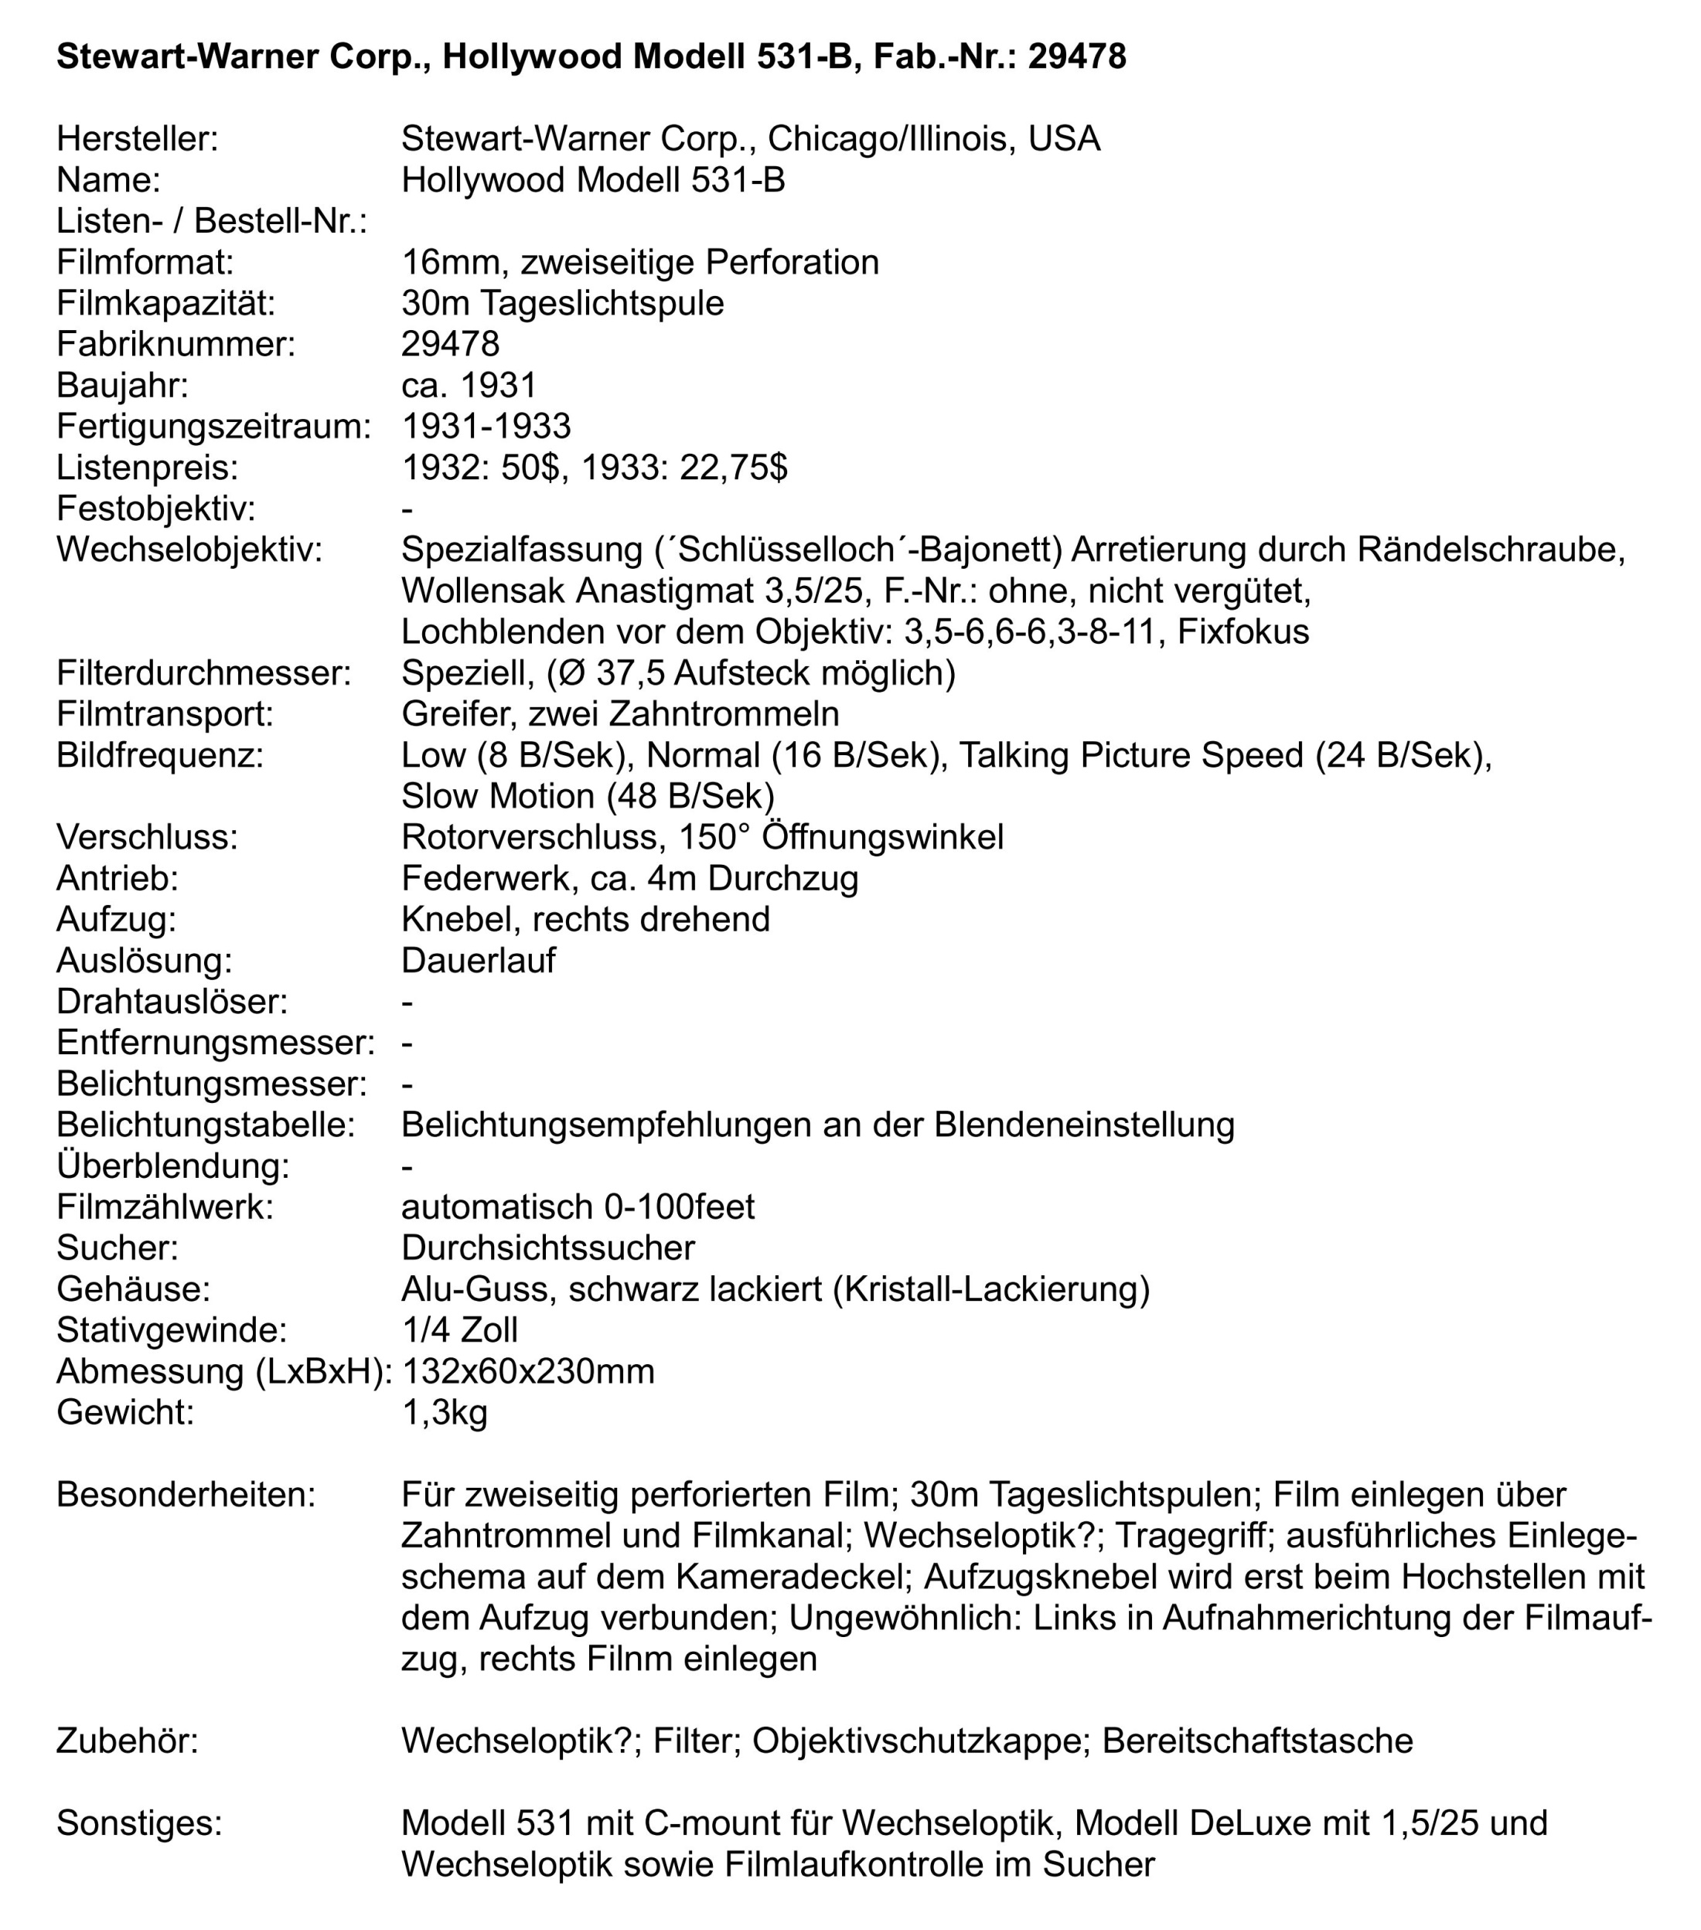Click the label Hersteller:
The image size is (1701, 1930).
coord(137,139)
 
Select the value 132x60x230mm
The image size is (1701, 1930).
coord(528,1370)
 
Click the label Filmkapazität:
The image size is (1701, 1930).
coord(165,303)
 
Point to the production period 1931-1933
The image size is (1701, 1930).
coord(486,426)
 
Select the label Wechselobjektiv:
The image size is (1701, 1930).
coord(189,550)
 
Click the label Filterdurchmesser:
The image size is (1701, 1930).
coord(203,673)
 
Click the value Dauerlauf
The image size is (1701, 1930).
coord(478,960)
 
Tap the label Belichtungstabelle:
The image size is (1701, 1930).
coord(205,1125)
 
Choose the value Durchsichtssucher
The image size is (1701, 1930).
coord(547,1248)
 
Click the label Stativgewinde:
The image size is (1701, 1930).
coord(171,1329)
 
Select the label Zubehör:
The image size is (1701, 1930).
coord(128,1740)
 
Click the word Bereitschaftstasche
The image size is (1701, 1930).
coord(1257,1740)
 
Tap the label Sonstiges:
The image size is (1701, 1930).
coord(139,1823)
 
